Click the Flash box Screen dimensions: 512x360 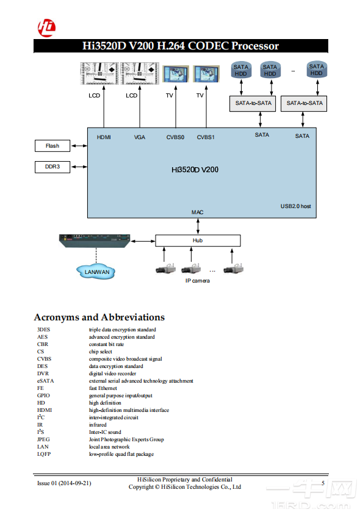coord(52,146)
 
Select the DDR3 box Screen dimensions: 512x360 coord(52,166)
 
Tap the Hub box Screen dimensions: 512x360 coord(198,240)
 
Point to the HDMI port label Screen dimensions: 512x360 coord(104,137)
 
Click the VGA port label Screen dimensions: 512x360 coord(140,137)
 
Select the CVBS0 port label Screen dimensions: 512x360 coord(175,137)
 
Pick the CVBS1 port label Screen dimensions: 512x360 coord(206,137)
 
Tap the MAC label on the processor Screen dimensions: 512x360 coord(197,212)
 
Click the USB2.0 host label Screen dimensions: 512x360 coord(295,207)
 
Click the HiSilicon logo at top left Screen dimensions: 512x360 coord(46,27)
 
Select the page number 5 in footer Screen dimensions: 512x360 coord(323,483)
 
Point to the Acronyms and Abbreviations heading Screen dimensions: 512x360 coord(99,317)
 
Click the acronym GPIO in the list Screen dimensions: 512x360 coord(44,395)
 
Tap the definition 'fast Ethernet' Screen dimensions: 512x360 coord(103,388)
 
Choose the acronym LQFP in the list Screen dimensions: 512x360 coord(44,454)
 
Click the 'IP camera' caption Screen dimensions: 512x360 coord(197,281)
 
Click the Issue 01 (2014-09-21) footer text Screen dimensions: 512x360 coord(64,483)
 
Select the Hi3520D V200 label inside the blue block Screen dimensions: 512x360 coord(195,169)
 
